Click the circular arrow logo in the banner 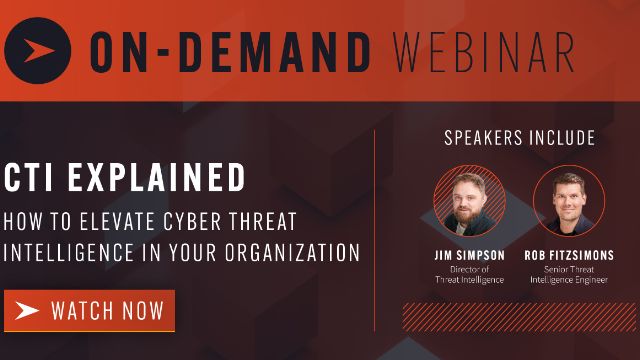[37, 49]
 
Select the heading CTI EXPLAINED [124, 178]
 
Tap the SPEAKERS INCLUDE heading [519, 138]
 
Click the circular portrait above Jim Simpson [468, 200]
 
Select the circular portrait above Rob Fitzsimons [569, 200]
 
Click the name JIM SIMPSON [468, 255]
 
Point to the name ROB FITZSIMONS [569, 255]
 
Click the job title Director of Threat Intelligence [468, 273]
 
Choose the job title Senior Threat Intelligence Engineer [569, 273]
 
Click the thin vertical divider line [375, 230]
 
